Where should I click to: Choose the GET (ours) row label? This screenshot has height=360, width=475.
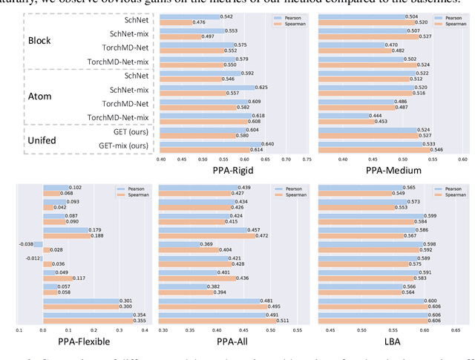click(x=128, y=131)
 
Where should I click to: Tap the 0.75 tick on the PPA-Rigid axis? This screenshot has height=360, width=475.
click(x=306, y=157)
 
